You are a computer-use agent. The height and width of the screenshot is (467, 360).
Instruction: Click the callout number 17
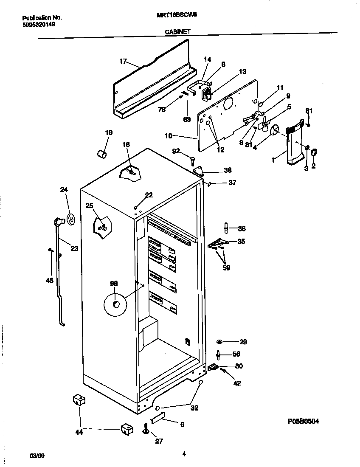(x=123, y=62)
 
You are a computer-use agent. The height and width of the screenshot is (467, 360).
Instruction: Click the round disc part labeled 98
(x=115, y=304)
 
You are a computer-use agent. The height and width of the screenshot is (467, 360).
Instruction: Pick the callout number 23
(x=74, y=249)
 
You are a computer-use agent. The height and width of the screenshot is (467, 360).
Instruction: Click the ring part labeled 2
(x=315, y=153)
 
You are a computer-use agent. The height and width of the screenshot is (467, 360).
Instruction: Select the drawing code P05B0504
(x=304, y=421)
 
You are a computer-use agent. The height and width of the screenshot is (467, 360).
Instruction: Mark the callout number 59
(x=226, y=268)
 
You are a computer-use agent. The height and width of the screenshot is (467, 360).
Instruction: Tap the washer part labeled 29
(x=219, y=342)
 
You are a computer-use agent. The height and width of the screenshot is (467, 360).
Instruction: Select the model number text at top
(x=177, y=14)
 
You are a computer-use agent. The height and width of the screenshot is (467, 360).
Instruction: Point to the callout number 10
(x=169, y=136)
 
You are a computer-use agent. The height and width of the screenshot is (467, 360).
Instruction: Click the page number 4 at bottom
(x=184, y=454)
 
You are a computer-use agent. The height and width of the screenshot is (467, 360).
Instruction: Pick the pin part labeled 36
(x=226, y=228)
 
